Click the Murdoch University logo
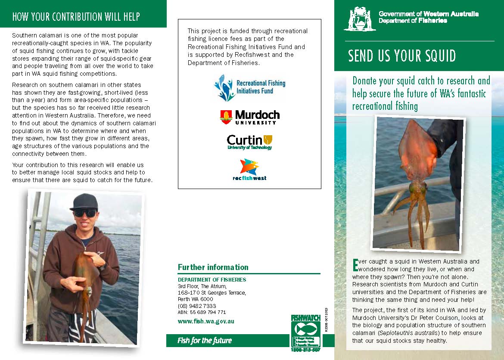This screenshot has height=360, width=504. [249, 117]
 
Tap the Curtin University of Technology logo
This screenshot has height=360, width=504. [249, 142]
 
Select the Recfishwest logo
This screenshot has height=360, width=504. [249, 170]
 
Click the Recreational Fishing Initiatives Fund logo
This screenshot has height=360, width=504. [249, 87]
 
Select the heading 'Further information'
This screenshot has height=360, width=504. [213, 267]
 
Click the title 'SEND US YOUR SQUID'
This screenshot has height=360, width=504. [402, 56]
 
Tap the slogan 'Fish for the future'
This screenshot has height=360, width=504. [205, 341]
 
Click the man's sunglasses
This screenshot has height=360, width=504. [84, 213]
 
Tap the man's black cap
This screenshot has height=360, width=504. [84, 201]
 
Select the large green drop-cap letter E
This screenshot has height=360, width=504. [355, 264]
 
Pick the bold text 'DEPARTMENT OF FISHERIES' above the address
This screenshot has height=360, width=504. [212, 279]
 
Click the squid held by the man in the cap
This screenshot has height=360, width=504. [84, 280]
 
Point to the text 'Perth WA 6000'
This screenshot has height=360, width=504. [195, 299]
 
